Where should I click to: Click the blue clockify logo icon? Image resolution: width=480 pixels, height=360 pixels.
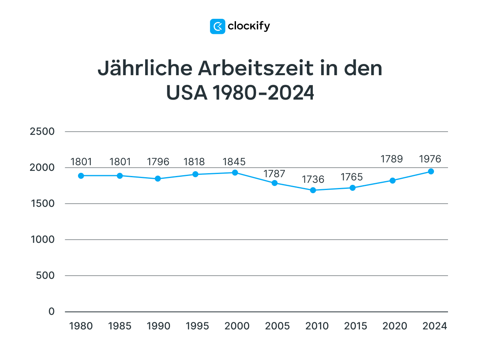pyautogui.click(x=218, y=26)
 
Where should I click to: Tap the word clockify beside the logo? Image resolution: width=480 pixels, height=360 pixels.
pyautogui.click(x=249, y=26)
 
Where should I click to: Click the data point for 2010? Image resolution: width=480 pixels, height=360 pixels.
pyautogui.click(x=313, y=190)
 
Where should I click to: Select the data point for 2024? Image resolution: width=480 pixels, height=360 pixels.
pyautogui.click(x=431, y=171)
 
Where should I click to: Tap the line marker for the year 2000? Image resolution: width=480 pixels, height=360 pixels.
pyautogui.click(x=235, y=172)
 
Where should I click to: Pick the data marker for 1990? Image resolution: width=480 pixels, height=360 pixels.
pyautogui.click(x=158, y=178)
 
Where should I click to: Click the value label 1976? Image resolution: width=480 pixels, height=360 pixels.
pyautogui.click(x=430, y=159)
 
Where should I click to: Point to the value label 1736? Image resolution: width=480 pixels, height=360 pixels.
pyautogui.click(x=313, y=180)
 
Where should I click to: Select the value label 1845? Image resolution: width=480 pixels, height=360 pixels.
pyautogui.click(x=234, y=162)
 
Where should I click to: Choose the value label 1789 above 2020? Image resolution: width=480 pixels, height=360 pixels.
pyautogui.click(x=392, y=159)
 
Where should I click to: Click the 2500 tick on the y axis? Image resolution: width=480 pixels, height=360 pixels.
pyautogui.click(x=42, y=132)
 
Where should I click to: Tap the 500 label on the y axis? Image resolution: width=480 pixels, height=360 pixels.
pyautogui.click(x=46, y=276)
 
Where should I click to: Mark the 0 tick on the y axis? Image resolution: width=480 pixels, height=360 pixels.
pyautogui.click(x=52, y=312)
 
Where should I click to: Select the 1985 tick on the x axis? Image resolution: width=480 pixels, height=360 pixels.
pyautogui.click(x=120, y=326)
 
